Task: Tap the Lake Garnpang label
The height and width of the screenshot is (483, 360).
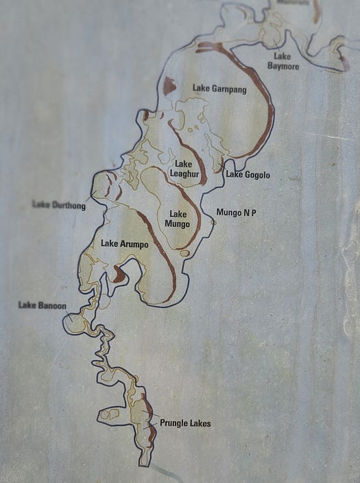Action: click(x=219, y=89)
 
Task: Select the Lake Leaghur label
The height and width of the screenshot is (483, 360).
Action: click(x=184, y=168)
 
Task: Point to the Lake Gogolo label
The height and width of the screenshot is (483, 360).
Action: click(x=248, y=175)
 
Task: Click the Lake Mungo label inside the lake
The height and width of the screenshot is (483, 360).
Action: click(x=178, y=219)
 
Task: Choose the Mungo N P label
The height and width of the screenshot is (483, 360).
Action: click(x=237, y=213)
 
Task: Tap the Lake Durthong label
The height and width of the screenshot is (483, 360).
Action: click(x=59, y=205)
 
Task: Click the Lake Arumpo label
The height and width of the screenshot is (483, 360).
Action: click(x=124, y=244)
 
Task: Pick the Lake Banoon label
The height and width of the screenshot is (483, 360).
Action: click(x=42, y=305)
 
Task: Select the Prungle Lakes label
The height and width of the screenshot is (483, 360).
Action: click(x=185, y=423)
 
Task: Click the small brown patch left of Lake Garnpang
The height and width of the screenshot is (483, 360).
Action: click(x=169, y=86)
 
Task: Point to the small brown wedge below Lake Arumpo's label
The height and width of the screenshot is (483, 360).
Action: click(x=119, y=275)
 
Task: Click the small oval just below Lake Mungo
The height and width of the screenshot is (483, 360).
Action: click(x=184, y=253)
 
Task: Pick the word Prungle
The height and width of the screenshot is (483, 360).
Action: click(x=174, y=423)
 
